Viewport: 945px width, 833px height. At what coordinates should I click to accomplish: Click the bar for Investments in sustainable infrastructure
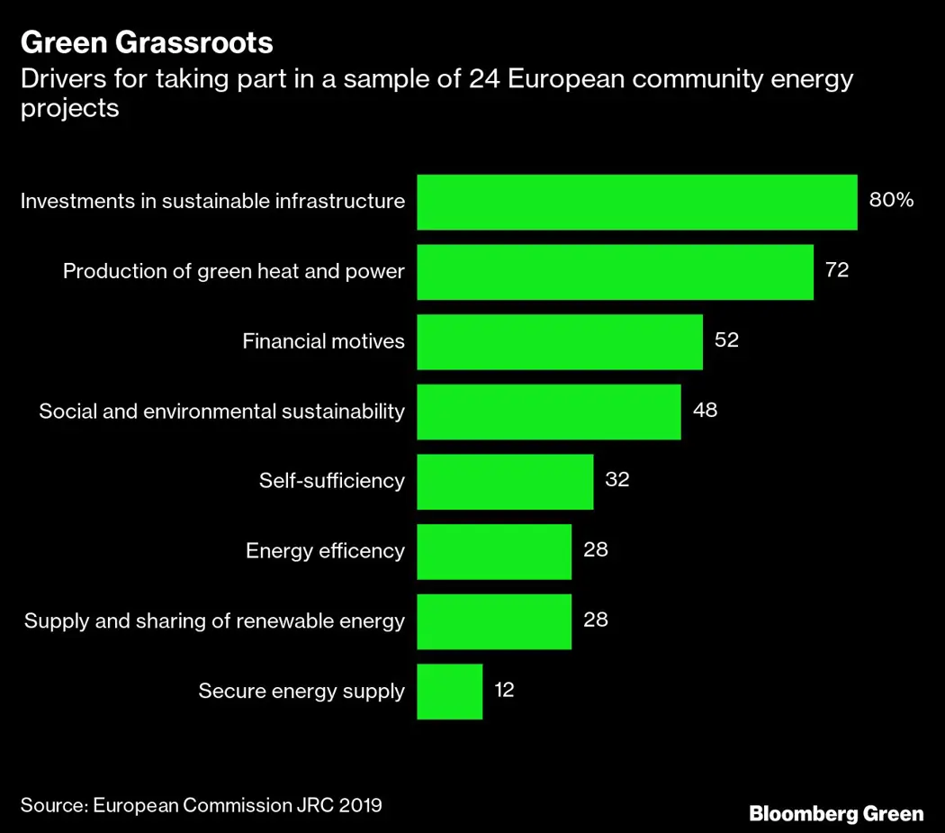637,202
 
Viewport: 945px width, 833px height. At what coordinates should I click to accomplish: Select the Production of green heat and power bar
615,272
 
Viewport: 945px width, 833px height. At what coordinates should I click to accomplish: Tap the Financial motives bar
559,341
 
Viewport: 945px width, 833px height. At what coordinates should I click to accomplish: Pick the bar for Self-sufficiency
505,481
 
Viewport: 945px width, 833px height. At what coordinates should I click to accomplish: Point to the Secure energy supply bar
449,692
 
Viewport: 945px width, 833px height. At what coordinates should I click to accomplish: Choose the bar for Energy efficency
494,551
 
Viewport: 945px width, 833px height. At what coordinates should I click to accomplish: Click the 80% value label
891,200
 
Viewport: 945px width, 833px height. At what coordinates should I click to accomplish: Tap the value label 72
837,270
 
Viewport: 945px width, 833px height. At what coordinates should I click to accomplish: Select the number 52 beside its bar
726,340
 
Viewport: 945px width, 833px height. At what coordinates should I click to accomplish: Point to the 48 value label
705,411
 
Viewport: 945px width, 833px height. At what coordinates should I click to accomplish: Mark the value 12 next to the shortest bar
504,691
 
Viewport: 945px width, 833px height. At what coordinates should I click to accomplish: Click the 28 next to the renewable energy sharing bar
596,620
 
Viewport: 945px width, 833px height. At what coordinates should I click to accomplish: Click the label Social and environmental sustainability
221,412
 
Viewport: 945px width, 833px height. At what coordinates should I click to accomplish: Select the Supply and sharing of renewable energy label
214,621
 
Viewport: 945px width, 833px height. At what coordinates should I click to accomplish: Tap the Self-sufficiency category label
331,481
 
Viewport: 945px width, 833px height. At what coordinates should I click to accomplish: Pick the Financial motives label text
323,341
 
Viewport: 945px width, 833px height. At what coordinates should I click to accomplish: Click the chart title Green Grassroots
147,42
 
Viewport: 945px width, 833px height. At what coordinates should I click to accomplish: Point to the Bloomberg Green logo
836,814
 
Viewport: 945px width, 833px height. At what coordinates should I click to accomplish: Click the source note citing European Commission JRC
202,804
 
